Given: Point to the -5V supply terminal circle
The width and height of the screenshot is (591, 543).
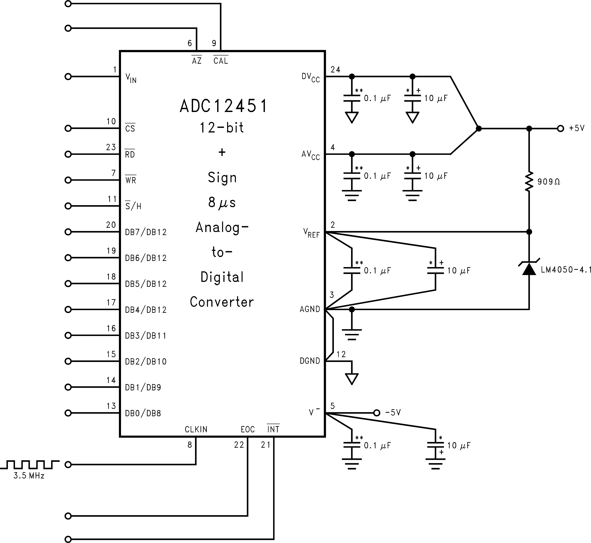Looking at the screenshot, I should tap(377, 413).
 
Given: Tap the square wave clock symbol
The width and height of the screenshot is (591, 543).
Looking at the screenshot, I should tap(29, 465).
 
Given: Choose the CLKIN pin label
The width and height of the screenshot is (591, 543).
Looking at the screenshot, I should tap(196, 429).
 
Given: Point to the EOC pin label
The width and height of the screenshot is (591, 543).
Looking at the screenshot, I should tap(247, 429).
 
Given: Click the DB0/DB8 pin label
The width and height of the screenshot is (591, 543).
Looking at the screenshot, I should tap(143, 413).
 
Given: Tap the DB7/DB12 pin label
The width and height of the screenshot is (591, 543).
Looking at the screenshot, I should tap(146, 232).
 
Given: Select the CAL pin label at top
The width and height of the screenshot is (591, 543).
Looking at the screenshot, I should tap(220, 60).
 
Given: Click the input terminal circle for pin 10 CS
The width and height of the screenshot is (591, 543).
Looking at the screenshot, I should tap(68, 128).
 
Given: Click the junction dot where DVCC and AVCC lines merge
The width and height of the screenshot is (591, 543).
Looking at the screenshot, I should tap(479, 128).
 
